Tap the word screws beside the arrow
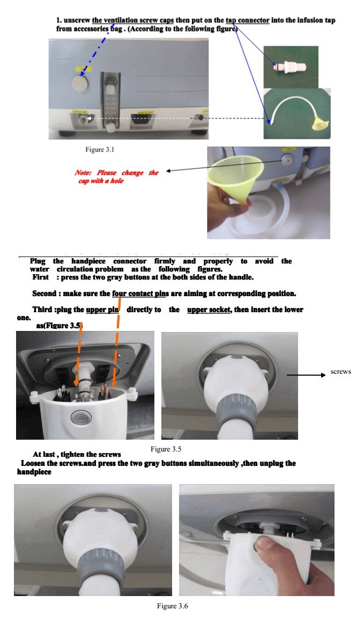[x=341, y=372]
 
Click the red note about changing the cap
[x=116, y=177]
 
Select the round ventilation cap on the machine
[x=81, y=84]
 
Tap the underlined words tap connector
[x=247, y=20]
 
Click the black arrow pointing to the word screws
[x=306, y=376]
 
